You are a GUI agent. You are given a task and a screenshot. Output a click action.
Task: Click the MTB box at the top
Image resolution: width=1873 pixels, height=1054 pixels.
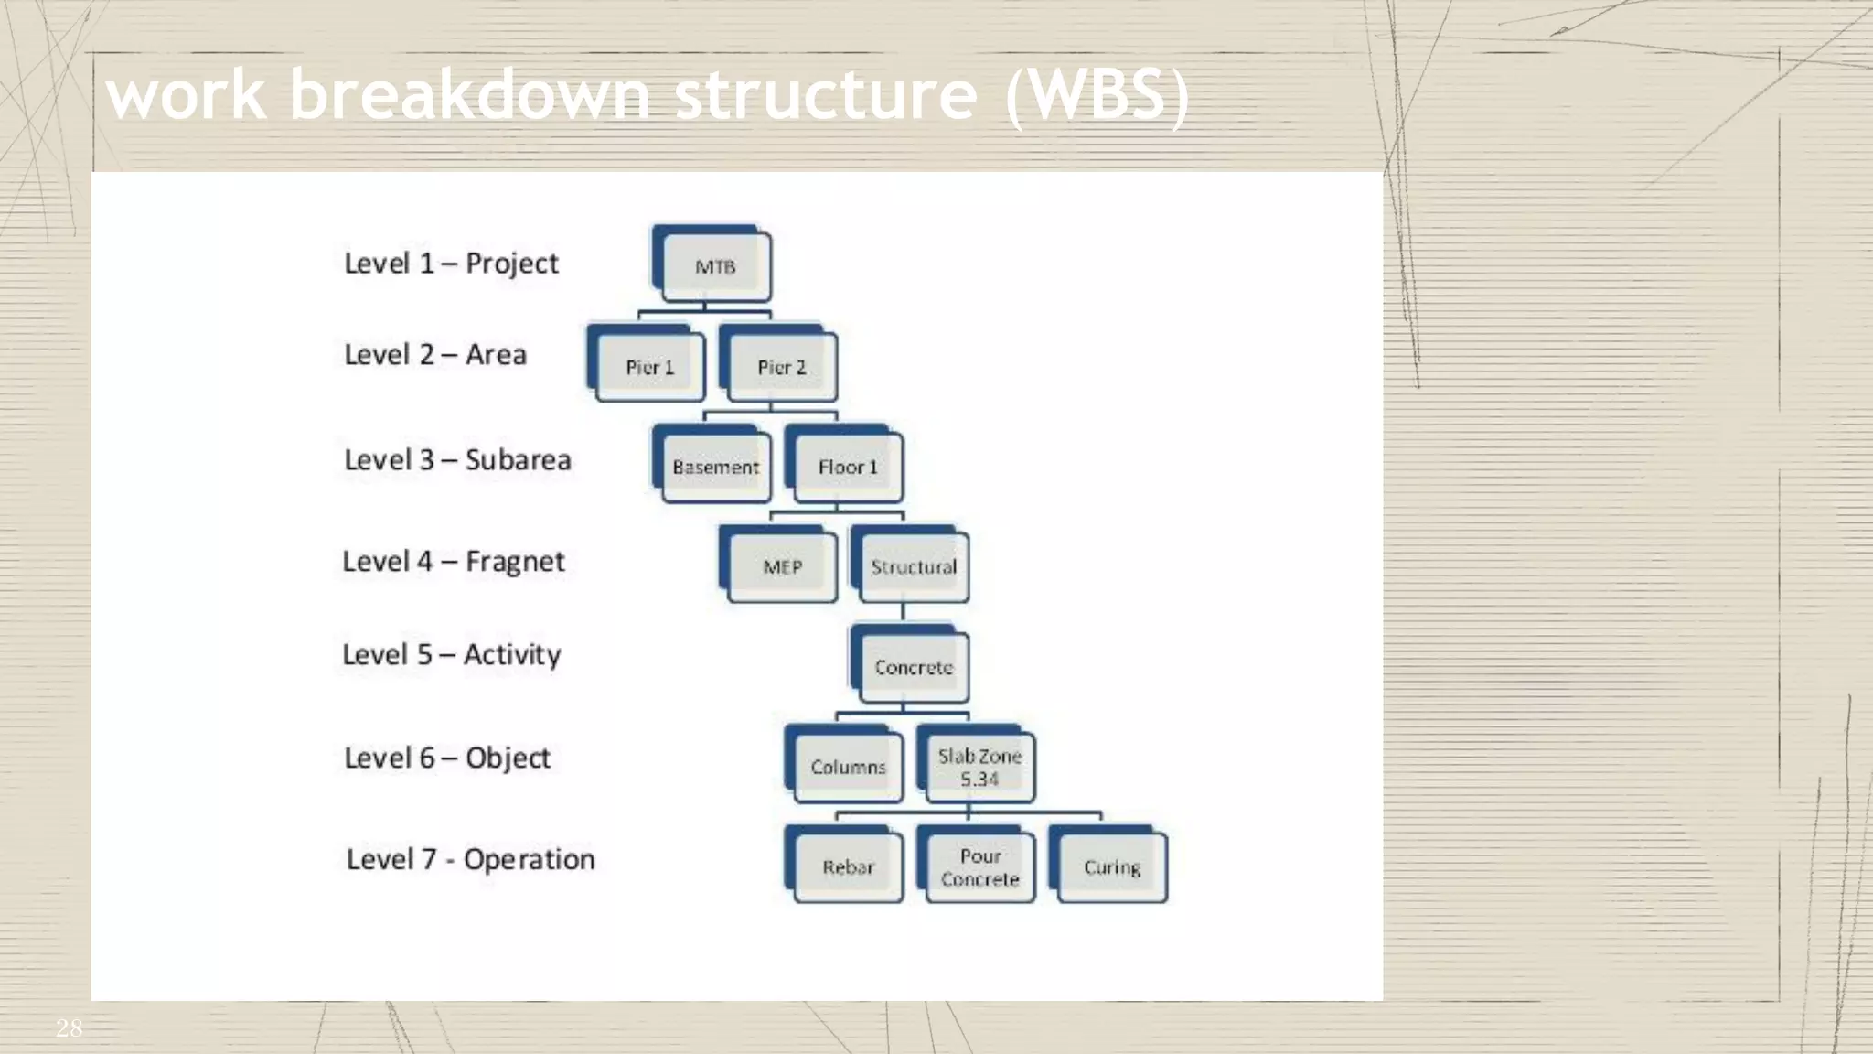tap(715, 267)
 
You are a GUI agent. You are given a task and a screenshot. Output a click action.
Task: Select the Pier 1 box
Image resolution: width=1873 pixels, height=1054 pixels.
tap(649, 367)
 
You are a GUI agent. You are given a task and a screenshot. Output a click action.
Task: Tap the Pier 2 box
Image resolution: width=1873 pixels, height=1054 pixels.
tap(781, 367)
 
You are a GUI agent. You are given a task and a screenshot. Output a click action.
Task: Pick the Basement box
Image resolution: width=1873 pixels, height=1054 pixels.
tap(715, 468)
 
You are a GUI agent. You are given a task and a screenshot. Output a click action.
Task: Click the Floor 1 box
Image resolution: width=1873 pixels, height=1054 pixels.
tap(848, 468)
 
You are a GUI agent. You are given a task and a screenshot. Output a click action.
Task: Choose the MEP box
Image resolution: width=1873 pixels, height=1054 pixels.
tap(782, 567)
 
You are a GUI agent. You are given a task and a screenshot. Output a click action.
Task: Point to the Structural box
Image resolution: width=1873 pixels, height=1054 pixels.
tap(913, 567)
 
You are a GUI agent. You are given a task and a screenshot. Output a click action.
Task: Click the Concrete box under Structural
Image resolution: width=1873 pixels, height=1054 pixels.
tap(913, 668)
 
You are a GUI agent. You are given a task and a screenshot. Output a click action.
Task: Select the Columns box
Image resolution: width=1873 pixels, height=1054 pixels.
tap(848, 767)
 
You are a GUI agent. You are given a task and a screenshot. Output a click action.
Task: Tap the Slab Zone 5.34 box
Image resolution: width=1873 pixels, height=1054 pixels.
tap(979, 767)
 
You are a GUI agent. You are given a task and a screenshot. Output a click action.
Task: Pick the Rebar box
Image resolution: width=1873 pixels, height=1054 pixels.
tap(848, 866)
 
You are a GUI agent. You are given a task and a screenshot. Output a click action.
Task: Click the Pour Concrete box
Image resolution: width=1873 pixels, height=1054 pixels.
tap(979, 866)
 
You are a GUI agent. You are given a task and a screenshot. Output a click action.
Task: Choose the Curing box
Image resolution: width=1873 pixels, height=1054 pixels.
tap(1111, 866)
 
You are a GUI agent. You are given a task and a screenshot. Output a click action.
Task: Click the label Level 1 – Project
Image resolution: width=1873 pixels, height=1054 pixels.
tap(451, 263)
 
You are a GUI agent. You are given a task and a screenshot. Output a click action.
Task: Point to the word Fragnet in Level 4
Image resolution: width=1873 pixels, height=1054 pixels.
tap(515, 562)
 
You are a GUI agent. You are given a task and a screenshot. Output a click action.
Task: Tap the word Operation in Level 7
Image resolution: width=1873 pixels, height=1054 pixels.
tap(529, 860)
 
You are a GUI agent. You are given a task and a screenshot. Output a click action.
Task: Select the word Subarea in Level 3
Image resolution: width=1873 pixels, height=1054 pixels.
tap(518, 459)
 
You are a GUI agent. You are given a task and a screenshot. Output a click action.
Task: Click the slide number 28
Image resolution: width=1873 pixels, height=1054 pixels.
tap(69, 1027)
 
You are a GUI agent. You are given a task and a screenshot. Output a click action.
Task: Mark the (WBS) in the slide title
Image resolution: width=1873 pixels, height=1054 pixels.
tap(1097, 94)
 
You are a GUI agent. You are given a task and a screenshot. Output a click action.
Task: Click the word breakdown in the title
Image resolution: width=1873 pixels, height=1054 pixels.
tap(469, 94)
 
